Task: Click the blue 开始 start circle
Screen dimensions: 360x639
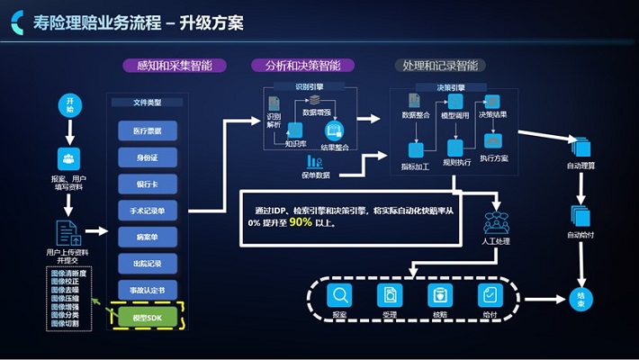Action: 69,103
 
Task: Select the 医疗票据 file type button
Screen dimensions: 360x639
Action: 147,130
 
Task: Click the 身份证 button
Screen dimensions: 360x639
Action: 147,157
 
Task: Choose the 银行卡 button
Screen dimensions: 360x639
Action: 147,184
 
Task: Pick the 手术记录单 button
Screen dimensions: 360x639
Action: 147,211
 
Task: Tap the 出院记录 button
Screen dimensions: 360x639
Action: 147,264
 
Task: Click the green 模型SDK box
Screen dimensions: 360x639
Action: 147,317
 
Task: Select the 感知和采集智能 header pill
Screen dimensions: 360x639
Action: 174,66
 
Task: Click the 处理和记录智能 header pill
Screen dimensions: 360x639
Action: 439,66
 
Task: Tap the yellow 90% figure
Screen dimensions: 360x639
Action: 301,221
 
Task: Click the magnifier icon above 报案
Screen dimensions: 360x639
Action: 339,294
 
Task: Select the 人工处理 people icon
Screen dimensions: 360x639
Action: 497,221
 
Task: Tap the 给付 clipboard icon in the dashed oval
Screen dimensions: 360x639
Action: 490,294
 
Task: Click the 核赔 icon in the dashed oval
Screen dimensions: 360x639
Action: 440,294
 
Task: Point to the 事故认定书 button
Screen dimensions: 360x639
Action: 147,290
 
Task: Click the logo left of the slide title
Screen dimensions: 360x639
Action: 16,22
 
